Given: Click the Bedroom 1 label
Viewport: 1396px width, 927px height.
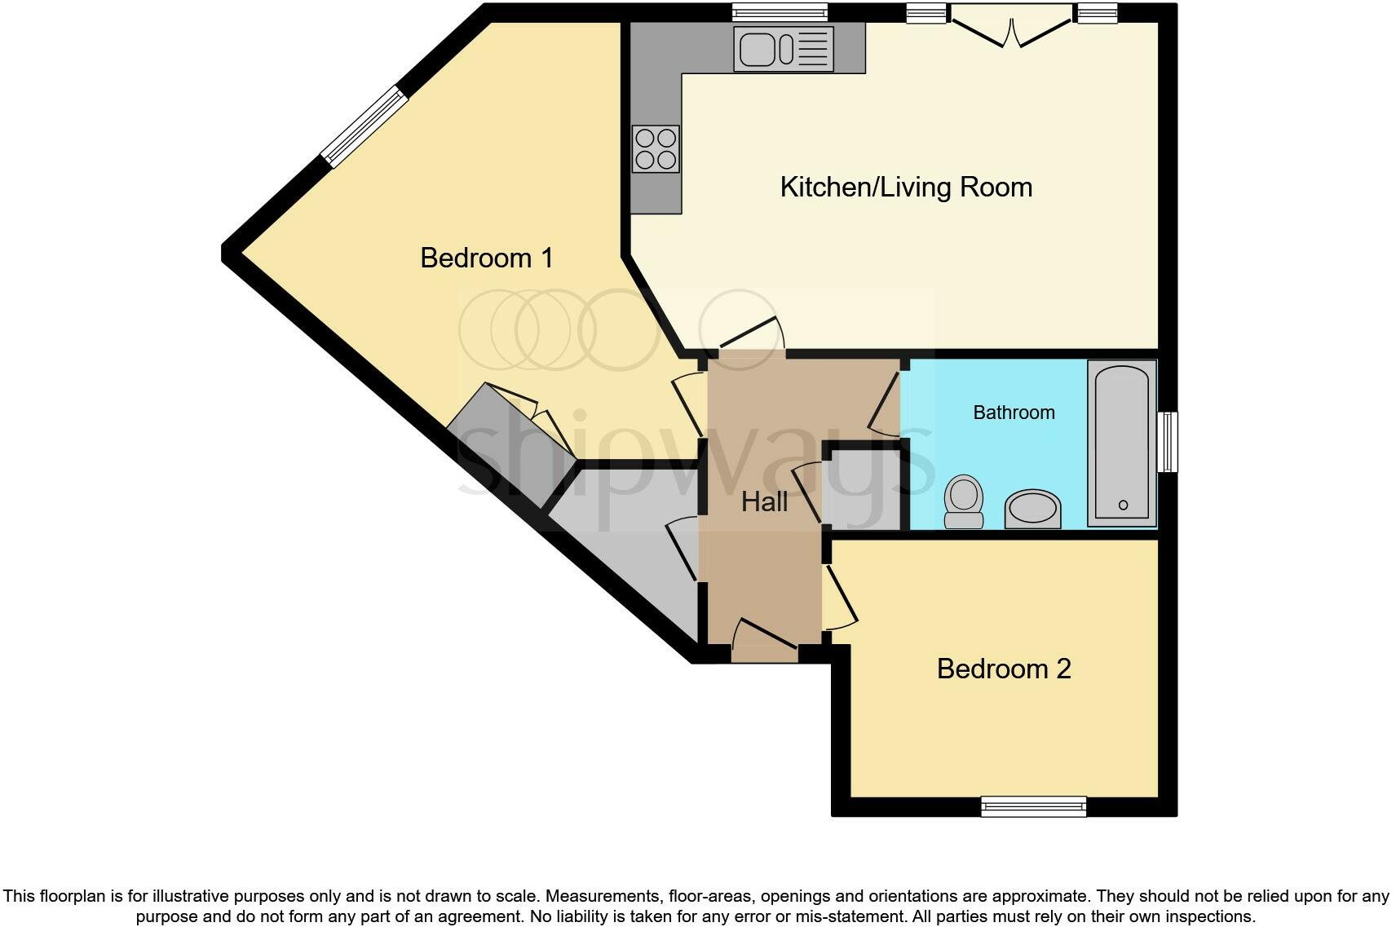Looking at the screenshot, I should coord(486,258).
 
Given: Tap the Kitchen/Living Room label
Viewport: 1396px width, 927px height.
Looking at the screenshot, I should coord(905,188).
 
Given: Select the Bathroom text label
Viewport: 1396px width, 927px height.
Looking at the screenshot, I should coord(1014,413).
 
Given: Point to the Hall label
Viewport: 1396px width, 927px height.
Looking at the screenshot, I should coord(764,502).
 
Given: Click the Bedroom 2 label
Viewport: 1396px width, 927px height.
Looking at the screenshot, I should coord(1003,669).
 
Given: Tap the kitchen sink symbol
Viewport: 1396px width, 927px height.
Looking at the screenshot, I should coord(783,49).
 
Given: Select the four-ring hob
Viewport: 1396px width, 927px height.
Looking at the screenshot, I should coord(656,149).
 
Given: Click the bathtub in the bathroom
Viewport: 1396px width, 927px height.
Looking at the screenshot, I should coord(1122,443).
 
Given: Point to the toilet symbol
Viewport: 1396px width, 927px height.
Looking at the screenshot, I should coord(964,502).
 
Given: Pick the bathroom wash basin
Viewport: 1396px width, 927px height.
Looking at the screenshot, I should coord(1033,510).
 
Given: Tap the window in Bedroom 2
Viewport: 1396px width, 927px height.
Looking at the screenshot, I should coord(1033,806).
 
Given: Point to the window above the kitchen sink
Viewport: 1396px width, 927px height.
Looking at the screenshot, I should coord(780,11).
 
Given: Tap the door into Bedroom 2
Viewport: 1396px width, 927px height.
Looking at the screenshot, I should coord(841,598).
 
